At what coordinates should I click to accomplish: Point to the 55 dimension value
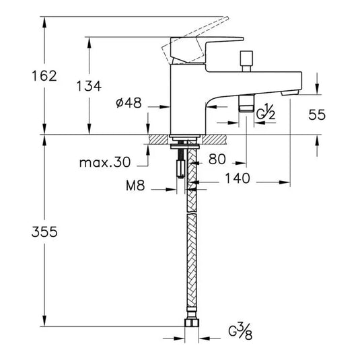tap(317, 114)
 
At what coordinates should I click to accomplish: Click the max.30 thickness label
tap(104, 163)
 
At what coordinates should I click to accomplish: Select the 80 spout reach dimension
tap(219, 159)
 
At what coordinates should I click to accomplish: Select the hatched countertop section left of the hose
tap(160, 140)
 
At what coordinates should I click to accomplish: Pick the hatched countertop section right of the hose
tap(214, 140)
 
